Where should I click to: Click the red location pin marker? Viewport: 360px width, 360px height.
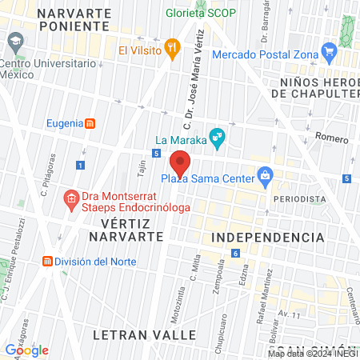[180, 162]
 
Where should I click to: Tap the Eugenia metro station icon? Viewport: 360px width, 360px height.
[91, 123]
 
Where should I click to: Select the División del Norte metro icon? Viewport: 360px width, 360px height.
[48, 262]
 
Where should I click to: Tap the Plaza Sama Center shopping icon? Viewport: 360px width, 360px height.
[265, 176]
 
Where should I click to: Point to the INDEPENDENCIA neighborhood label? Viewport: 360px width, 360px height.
[268, 238]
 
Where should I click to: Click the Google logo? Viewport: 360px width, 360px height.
[26, 350]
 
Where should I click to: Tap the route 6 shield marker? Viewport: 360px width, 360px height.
[235, 254]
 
